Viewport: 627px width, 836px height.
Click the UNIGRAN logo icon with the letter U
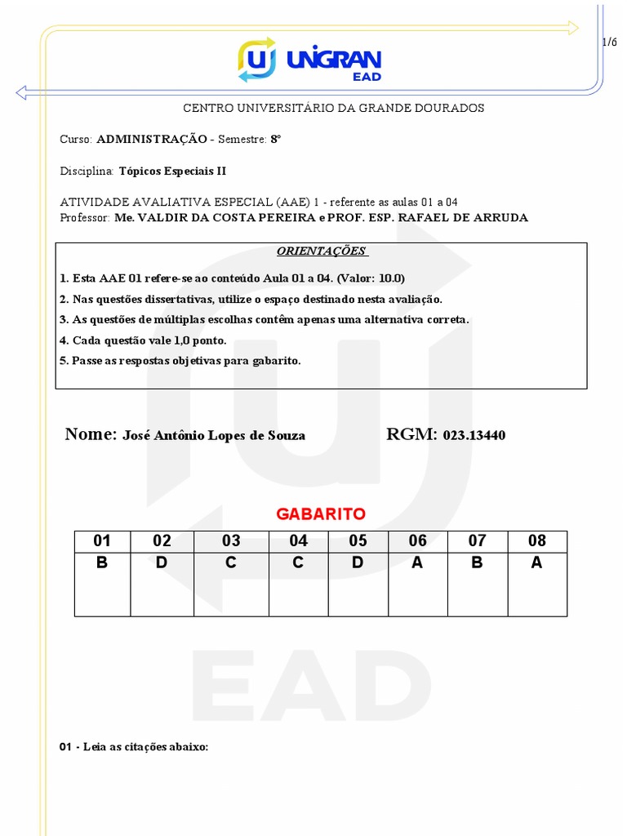(x=256, y=60)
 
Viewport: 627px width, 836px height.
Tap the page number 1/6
(x=609, y=42)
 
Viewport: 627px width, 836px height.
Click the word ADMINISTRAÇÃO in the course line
(x=152, y=140)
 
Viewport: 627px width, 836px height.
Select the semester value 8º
(x=276, y=140)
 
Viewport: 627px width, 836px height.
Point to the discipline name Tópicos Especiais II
(x=172, y=171)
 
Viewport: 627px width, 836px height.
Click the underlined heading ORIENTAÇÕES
(x=321, y=251)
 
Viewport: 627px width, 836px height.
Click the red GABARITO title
(x=321, y=514)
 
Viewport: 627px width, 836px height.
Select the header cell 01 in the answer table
(x=102, y=540)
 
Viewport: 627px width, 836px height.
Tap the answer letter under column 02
(x=162, y=563)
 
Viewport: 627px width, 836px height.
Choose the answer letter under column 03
(x=231, y=563)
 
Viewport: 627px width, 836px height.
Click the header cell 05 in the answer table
(x=358, y=540)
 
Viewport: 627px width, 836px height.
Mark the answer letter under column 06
(x=418, y=563)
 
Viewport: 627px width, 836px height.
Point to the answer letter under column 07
(x=478, y=563)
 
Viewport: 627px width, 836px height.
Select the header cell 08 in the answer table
(x=537, y=540)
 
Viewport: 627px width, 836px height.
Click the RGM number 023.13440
(x=474, y=436)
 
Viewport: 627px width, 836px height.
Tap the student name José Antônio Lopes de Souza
(x=214, y=436)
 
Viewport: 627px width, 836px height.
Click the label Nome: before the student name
(x=91, y=434)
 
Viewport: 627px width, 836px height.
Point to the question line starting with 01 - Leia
(x=134, y=746)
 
